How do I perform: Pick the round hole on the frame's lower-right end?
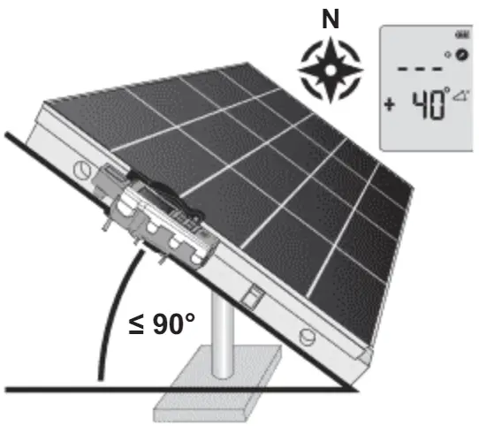[305, 335]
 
